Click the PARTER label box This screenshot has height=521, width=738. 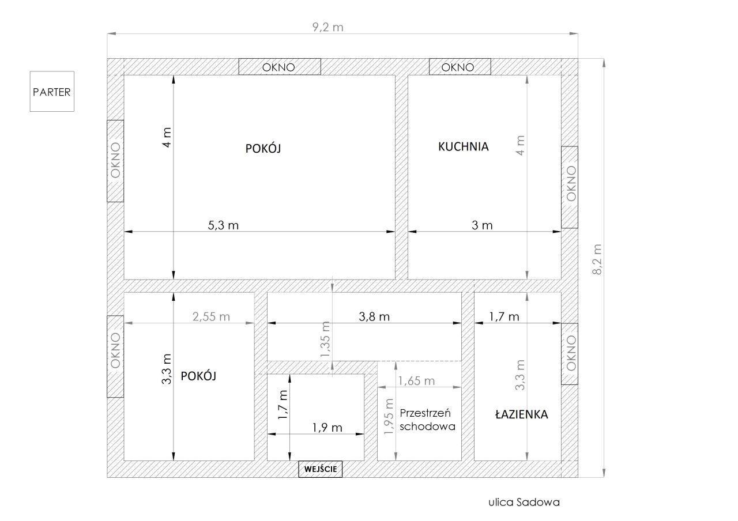pos(52,91)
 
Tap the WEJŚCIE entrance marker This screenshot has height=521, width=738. pos(320,469)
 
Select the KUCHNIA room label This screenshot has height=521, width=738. pos(463,146)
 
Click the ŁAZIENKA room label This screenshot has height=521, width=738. pos(522,414)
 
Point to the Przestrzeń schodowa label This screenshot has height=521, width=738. pos(427,420)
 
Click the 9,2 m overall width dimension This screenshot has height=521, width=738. pos(328,27)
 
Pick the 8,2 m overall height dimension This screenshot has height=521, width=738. pos(597,259)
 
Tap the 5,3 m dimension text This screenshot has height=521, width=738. pos(223,225)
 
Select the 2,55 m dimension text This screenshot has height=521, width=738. pos(211,317)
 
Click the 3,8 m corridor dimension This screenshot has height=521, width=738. pos(374,317)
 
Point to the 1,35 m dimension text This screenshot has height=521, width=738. pos(325,339)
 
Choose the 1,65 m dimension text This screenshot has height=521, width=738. pos(416,381)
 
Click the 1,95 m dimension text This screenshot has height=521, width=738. pos(389,416)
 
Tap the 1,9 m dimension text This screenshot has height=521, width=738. pos(327,428)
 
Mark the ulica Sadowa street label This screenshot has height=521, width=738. pos(524,502)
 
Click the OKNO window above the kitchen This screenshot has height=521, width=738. pos(460,67)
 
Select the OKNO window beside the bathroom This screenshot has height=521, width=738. pos(570,354)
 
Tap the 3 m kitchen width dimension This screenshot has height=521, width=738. pos(482,225)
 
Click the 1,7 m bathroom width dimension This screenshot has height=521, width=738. pos(504,317)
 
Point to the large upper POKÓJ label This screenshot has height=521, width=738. pos(263,149)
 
